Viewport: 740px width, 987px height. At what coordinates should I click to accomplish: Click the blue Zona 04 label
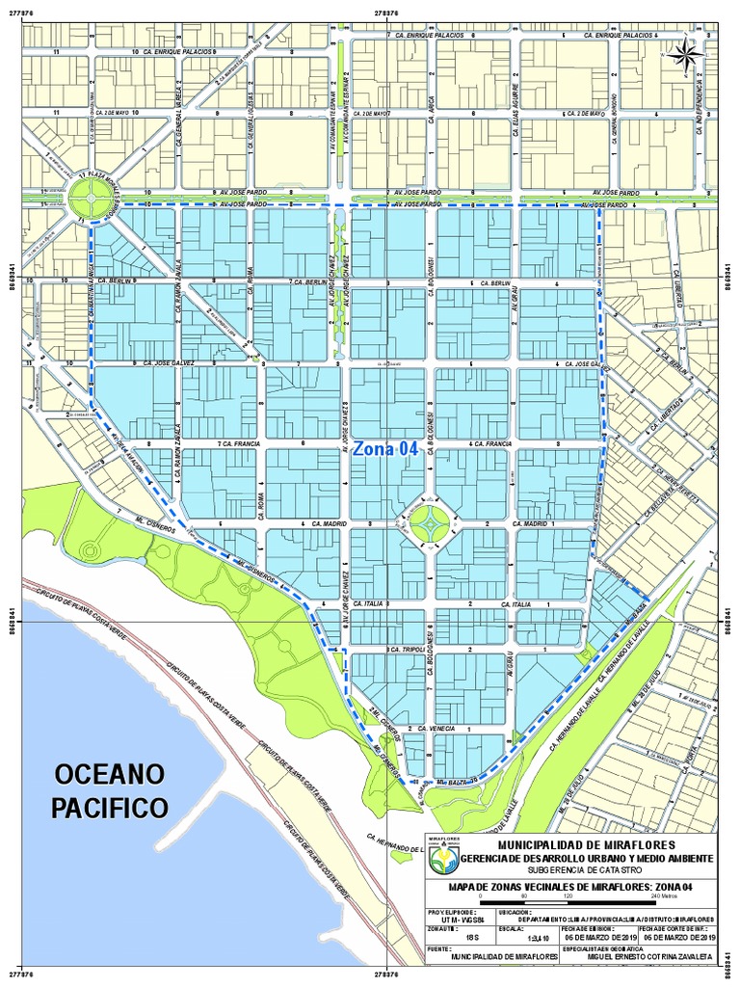pos(385,449)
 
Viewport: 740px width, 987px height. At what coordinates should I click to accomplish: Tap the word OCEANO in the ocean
pos(110,774)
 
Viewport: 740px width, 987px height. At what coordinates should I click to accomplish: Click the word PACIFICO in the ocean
pos(110,806)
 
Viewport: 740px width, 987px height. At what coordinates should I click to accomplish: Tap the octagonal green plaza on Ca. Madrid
pos(428,523)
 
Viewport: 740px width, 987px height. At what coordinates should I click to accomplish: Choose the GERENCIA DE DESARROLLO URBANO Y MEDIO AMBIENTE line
pos(586,858)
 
